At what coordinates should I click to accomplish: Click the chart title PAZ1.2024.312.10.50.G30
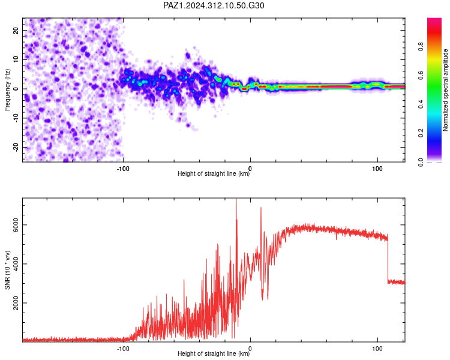click(214, 5)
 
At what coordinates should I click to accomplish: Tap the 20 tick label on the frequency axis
click(16, 30)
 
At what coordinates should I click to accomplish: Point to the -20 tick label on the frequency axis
click(16, 148)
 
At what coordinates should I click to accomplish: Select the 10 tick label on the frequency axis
click(16, 59)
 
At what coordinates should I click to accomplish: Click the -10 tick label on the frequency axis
click(16, 118)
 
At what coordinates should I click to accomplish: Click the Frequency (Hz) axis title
click(7, 90)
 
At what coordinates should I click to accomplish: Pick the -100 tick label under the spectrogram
click(123, 169)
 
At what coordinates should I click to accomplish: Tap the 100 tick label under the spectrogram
click(377, 169)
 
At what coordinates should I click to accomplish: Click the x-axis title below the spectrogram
click(214, 173)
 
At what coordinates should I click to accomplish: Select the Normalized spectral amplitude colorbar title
click(445, 90)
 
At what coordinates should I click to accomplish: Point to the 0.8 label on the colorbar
click(421, 46)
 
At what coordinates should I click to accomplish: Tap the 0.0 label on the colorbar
click(421, 162)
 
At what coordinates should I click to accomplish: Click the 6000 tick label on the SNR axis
click(16, 225)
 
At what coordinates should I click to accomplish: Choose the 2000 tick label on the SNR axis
click(16, 303)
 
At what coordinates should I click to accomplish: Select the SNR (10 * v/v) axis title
click(7, 270)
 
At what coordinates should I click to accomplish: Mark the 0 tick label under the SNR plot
click(250, 349)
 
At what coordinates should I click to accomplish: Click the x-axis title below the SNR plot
click(214, 353)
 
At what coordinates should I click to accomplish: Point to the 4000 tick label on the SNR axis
click(16, 264)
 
